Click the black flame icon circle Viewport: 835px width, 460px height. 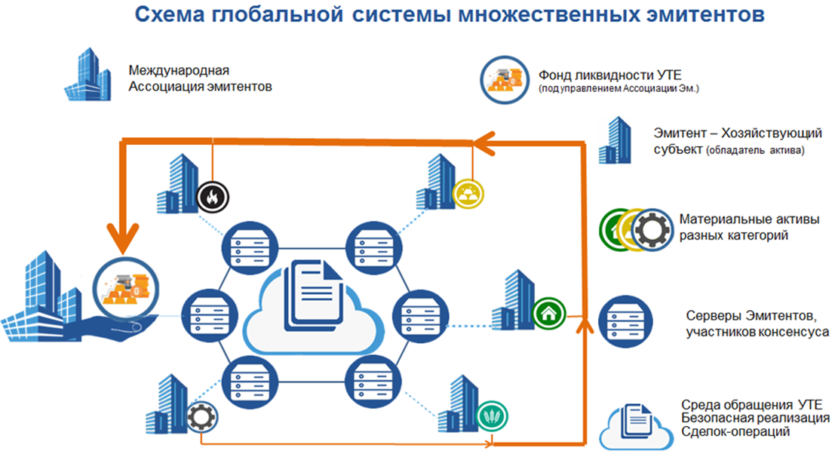pos(212,197)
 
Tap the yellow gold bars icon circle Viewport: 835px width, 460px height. pos(468,195)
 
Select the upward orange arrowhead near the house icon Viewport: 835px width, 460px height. pos(583,324)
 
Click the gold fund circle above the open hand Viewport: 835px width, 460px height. pos(124,287)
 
